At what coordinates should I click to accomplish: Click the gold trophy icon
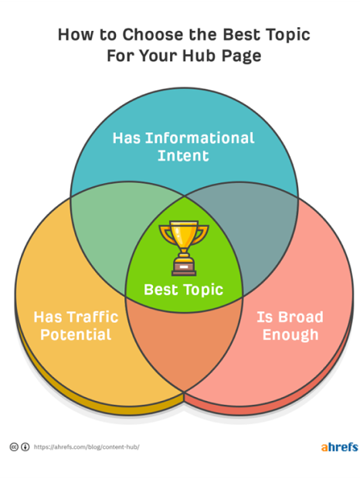[184, 248]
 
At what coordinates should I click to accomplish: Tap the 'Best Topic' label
[184, 290]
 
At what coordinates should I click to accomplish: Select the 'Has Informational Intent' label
[184, 147]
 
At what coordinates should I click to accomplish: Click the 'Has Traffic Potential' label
[76, 326]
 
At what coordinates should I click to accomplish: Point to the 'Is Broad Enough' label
[290, 326]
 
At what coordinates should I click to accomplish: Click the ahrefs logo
[339, 447]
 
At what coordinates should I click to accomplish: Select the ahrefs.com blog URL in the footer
[87, 447]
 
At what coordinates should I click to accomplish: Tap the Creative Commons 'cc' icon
[14, 447]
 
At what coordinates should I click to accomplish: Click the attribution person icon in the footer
[25, 447]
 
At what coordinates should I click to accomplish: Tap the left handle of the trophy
[166, 234]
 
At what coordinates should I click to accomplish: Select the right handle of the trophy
[201, 234]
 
